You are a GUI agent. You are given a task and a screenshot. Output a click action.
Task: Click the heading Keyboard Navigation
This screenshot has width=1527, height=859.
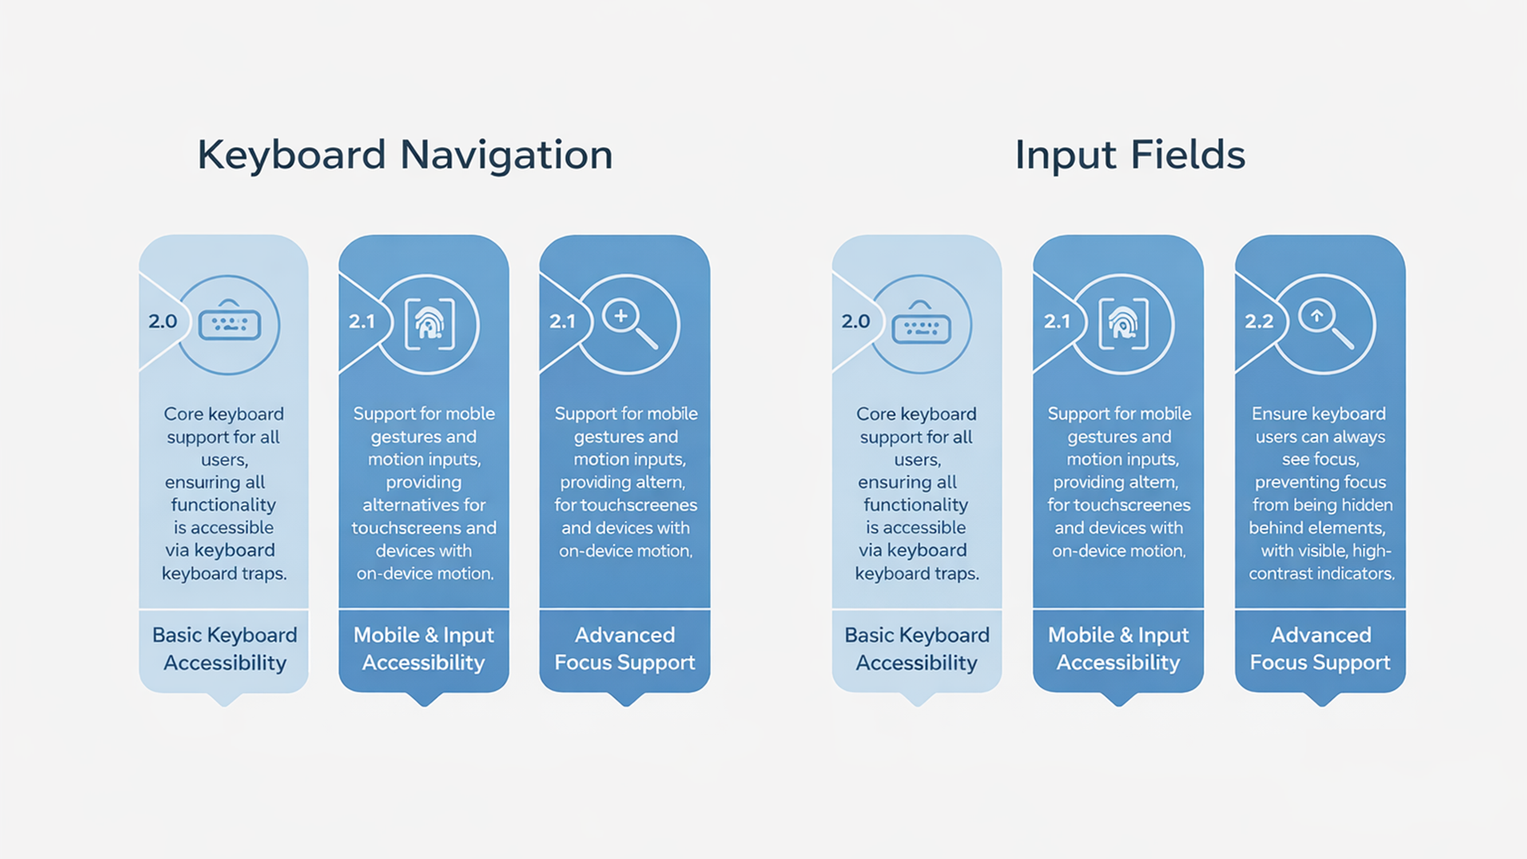(x=405, y=154)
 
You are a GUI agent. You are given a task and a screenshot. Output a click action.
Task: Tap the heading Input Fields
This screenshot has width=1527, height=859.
(x=1129, y=154)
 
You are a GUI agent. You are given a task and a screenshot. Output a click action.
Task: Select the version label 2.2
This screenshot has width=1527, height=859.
(x=1258, y=321)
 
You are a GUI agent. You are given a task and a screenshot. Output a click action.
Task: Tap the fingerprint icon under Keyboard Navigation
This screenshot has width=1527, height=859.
(x=429, y=324)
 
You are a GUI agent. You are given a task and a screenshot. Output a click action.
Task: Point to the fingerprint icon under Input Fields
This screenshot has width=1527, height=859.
(x=1123, y=324)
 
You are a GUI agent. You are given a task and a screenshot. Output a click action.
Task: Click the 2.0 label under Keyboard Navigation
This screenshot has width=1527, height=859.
(x=162, y=321)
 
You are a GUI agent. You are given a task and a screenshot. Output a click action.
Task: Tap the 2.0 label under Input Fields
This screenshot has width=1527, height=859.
(x=856, y=321)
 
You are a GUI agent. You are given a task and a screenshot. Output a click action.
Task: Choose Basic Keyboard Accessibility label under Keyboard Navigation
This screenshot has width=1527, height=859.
(x=224, y=649)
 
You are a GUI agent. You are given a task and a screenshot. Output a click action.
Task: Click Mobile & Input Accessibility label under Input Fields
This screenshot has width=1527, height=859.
(x=1118, y=649)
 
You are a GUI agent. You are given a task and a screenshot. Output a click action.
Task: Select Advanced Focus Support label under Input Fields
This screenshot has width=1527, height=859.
(x=1320, y=649)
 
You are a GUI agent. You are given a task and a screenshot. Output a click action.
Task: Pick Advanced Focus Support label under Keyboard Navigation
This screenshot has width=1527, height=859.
(x=625, y=649)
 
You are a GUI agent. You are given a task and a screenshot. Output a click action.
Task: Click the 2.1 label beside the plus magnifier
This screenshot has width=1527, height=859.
(x=562, y=321)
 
